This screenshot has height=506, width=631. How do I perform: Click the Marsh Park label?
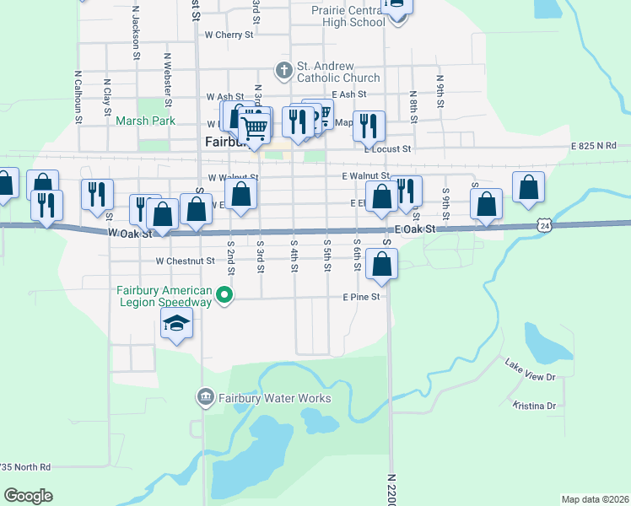click(x=145, y=121)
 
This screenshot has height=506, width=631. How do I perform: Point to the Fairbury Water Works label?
click(x=275, y=398)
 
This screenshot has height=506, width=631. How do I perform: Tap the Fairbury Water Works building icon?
click(x=205, y=397)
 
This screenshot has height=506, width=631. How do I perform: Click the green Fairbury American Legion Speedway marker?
click(x=224, y=295)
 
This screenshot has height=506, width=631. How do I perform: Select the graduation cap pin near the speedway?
click(x=177, y=324)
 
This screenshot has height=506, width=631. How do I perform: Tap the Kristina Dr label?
click(x=535, y=406)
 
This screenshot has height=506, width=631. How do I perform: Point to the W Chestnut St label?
click(x=185, y=261)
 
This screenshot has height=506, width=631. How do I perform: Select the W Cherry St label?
click(x=229, y=35)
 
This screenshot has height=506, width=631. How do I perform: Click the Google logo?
click(x=28, y=495)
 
